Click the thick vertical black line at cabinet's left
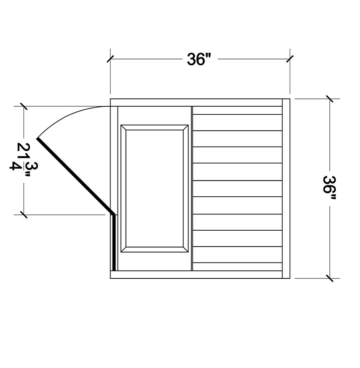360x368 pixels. [x=114, y=243]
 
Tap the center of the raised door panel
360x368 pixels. [x=154, y=188]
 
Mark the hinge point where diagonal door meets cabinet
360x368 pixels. [x=113, y=214]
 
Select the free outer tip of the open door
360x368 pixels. [x=38, y=138]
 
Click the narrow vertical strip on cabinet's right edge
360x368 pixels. [x=286, y=188]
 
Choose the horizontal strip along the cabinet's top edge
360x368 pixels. [x=197, y=103]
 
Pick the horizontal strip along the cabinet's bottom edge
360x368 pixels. [x=197, y=275]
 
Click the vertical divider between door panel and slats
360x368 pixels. [x=191, y=188]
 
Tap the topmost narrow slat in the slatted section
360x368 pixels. [x=237, y=110]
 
